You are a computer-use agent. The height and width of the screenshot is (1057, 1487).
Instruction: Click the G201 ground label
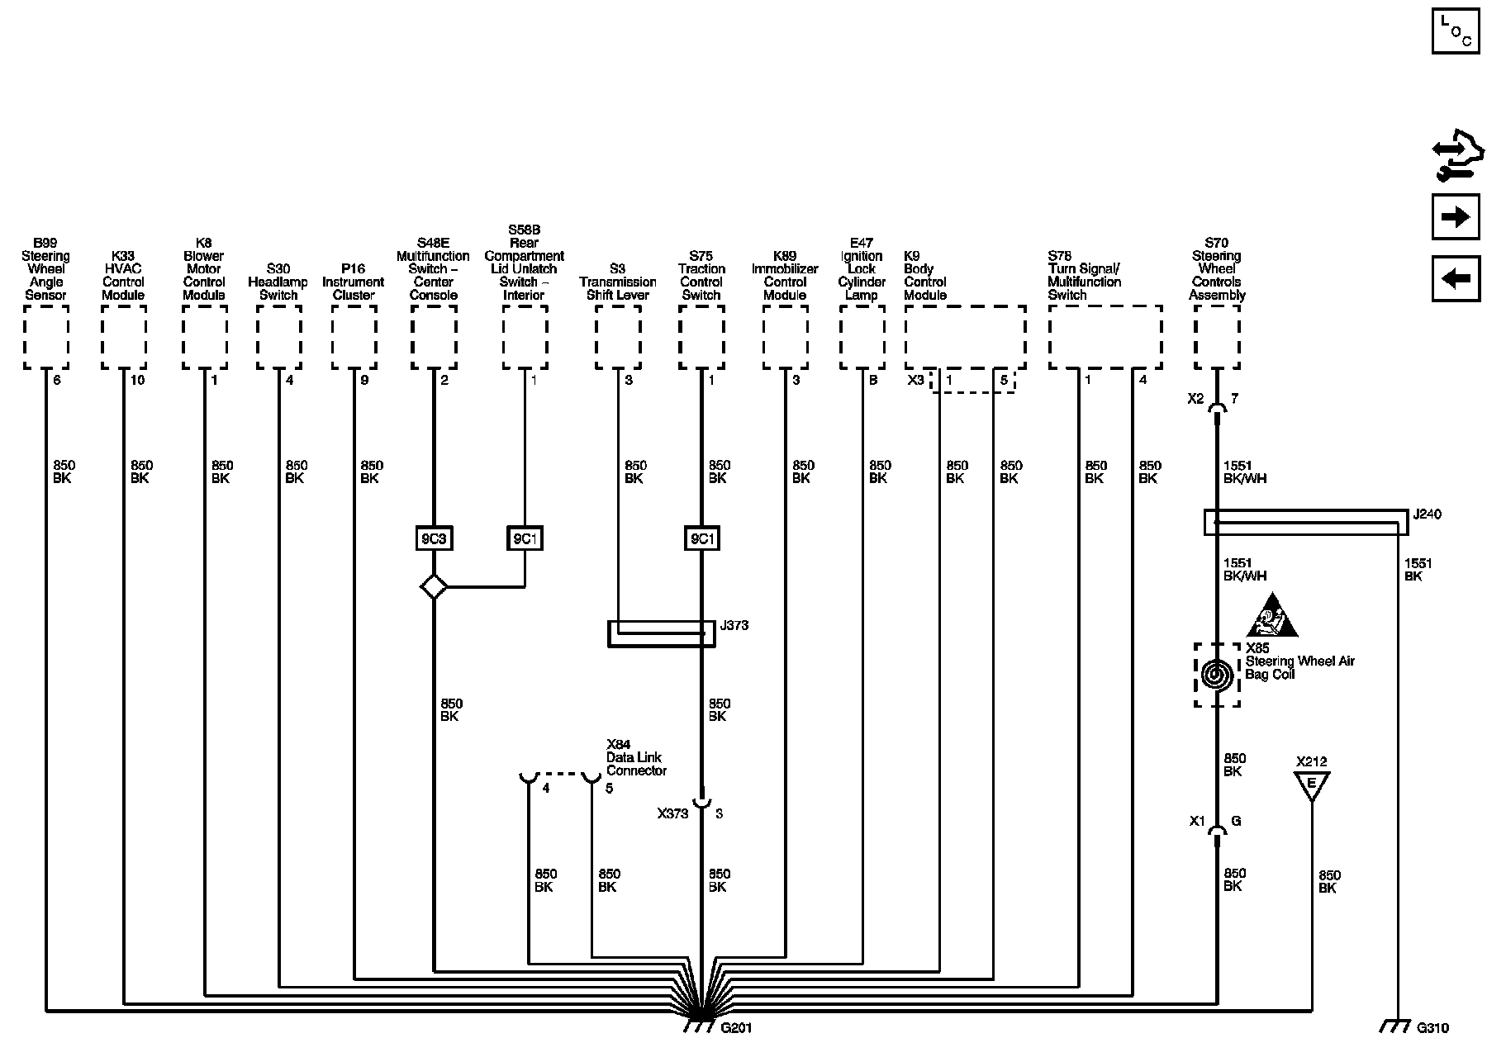(x=736, y=1028)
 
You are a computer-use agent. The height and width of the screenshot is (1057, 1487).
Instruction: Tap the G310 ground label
(x=1432, y=1028)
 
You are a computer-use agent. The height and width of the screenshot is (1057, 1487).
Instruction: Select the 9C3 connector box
(x=433, y=539)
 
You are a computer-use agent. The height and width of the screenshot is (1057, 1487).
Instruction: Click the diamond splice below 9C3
(x=433, y=587)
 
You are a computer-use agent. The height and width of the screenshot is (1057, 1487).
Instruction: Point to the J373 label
(x=734, y=625)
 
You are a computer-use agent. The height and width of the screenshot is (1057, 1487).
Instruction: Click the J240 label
(x=1427, y=514)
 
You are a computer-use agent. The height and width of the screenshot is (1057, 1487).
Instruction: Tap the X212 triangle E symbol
(x=1311, y=785)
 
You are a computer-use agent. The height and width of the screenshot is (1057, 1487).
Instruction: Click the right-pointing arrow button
(x=1455, y=217)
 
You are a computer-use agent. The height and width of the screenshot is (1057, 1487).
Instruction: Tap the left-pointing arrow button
(x=1455, y=278)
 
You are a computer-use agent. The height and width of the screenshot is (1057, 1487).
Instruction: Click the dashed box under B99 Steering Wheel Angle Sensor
(x=46, y=337)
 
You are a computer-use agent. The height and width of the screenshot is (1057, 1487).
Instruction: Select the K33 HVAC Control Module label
(x=123, y=275)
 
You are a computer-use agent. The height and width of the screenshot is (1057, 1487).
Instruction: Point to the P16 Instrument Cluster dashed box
(x=354, y=337)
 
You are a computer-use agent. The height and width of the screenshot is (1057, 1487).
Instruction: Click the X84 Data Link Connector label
(x=636, y=757)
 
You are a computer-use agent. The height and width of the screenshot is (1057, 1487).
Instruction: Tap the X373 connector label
(x=672, y=813)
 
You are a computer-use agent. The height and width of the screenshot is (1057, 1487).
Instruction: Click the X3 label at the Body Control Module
(x=915, y=380)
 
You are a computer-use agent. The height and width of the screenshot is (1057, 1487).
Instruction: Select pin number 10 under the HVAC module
(x=137, y=380)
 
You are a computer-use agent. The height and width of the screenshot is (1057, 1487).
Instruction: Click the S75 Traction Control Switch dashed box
(x=701, y=337)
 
